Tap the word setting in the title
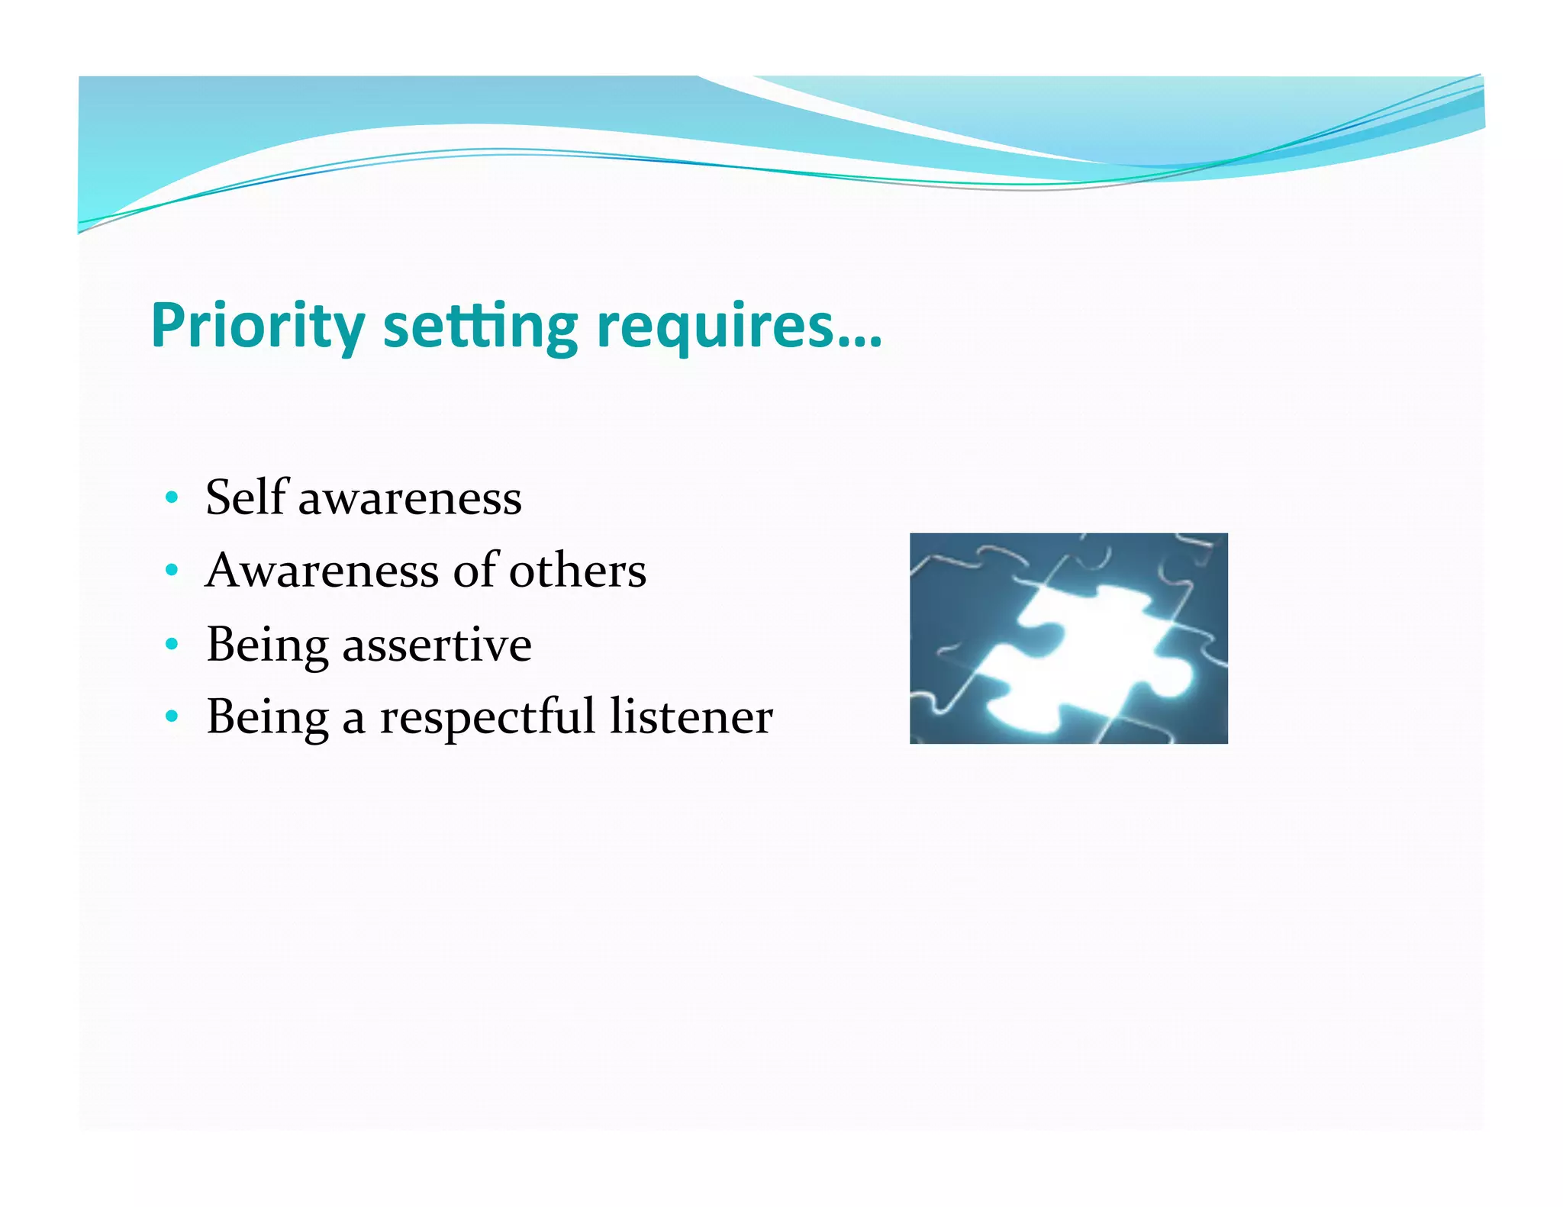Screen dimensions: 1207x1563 pos(480,326)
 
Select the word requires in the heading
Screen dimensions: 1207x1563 pos(714,326)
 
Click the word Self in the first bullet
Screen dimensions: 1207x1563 pos(247,497)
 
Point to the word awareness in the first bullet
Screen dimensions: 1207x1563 pos(410,500)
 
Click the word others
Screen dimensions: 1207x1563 pos(578,571)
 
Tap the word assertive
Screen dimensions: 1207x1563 pos(437,645)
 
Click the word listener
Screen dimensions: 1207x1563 pos(691,716)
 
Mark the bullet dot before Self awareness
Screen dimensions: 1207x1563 pos(172,498)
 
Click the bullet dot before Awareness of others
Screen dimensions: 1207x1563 pos(172,571)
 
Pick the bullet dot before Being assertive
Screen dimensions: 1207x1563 pos(172,645)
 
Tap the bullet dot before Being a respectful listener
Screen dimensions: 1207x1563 pos(172,717)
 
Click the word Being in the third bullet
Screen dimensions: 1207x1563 pos(267,645)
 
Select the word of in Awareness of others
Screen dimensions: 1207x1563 pos(476,571)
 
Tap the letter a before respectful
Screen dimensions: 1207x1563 pos(353,719)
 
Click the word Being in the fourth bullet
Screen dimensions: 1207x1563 pos(267,718)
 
